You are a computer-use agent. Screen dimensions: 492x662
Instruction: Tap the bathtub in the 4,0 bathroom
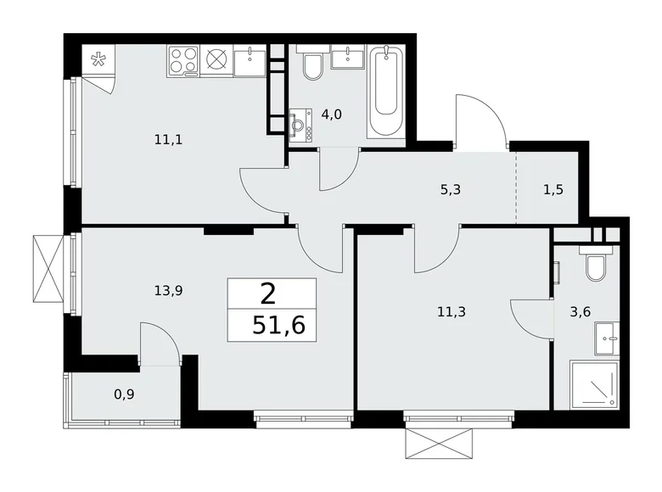(x=388, y=93)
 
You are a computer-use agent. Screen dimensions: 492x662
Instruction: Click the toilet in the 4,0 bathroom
(x=311, y=66)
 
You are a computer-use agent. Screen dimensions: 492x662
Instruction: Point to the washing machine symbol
(x=300, y=126)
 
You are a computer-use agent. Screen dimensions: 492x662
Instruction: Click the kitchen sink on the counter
(x=250, y=59)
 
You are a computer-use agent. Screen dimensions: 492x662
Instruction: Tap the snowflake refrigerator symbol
(x=98, y=60)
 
